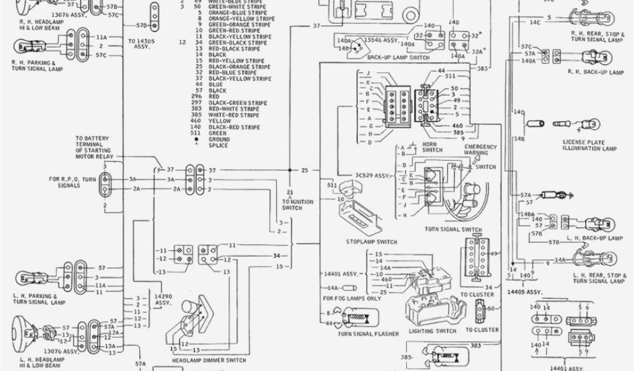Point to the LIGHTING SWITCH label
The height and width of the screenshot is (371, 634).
click(433, 331)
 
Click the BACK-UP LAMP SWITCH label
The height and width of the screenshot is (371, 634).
click(397, 57)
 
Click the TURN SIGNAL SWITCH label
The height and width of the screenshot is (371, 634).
click(453, 229)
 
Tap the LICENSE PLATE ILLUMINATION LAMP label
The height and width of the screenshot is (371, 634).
click(589, 145)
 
